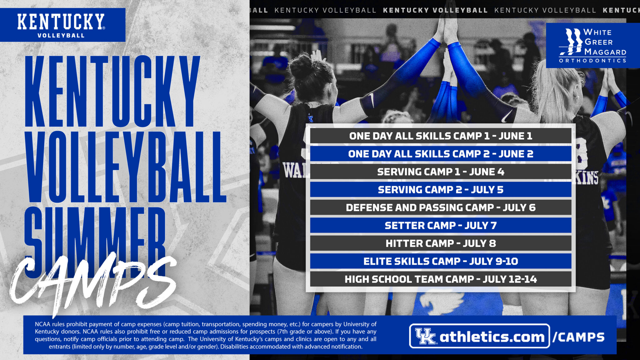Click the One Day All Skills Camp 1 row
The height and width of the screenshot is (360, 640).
pos(441,136)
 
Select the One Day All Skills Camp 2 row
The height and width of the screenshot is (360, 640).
pos(441,154)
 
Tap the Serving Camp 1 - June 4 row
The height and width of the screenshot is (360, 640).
pos(441,172)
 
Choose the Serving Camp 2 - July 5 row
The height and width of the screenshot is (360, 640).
pos(441,190)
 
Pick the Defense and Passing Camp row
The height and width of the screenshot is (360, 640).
pos(441,207)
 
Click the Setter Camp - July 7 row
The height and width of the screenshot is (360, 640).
pos(441,225)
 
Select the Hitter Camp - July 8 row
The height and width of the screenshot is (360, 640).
pos(441,243)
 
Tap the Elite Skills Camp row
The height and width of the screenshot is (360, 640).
pos(441,261)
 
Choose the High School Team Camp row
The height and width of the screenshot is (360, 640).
pos(441,279)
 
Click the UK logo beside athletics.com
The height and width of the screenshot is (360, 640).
pos(425,337)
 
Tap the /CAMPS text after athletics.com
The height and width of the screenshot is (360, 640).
pos(578,337)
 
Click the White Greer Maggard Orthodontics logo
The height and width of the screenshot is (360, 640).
pos(592,45)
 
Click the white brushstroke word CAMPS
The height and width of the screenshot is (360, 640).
pos(94,281)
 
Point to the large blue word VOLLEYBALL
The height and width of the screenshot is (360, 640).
pos(125,167)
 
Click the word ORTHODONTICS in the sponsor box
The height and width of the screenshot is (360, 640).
pos(592,61)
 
